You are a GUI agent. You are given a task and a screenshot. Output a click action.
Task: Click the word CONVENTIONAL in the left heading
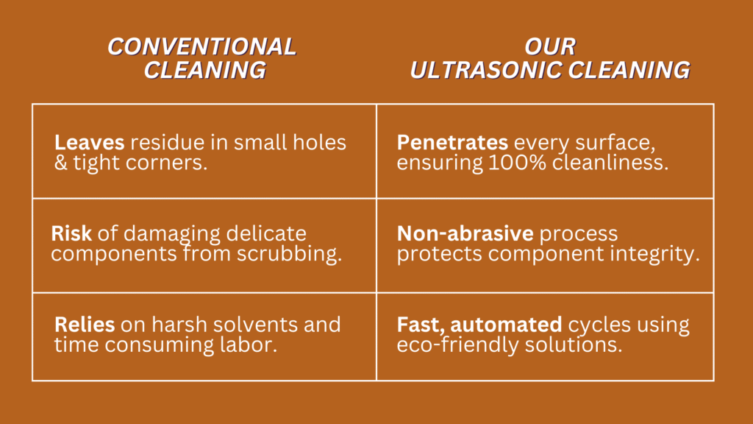[202, 46]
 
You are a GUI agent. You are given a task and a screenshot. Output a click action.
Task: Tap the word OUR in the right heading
[550, 46]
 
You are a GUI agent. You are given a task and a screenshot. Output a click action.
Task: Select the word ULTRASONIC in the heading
[486, 70]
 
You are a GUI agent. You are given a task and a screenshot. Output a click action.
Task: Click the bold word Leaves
[89, 142]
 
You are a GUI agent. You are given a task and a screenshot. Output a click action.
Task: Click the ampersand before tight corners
[60, 163]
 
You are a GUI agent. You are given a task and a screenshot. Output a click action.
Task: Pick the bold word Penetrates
[452, 142]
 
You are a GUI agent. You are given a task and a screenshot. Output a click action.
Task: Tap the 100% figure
[517, 163]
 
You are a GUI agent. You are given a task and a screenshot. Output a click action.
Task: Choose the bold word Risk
[71, 233]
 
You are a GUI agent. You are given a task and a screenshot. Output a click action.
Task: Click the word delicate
[266, 233]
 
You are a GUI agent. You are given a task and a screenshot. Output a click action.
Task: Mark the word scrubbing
[289, 254]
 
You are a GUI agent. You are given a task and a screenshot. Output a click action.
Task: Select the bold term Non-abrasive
[465, 233]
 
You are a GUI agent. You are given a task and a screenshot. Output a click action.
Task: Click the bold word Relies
[85, 325]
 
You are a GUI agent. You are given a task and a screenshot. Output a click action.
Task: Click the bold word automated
[506, 325]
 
